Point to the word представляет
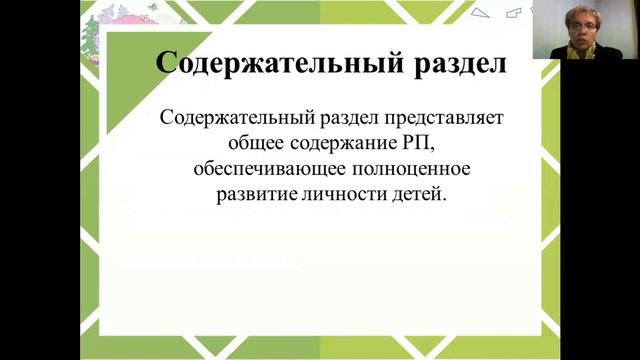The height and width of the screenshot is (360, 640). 445,116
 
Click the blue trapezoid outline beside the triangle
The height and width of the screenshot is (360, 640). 514,12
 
